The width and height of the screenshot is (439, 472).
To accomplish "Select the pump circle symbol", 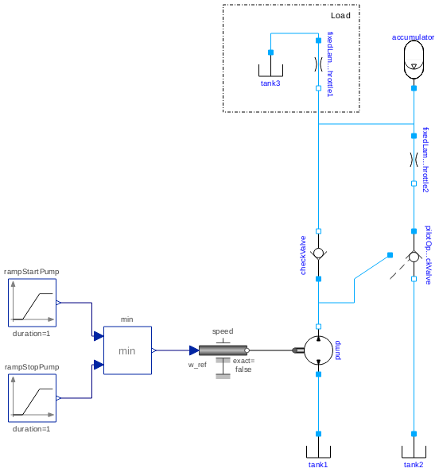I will pos(318,350).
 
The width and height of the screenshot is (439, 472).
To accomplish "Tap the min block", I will pos(127,350).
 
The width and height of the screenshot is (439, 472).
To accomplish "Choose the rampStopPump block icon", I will pos(32,397).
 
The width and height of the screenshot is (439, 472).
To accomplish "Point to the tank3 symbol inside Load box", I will pos(270,69).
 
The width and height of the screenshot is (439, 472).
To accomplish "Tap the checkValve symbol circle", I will pos(318,254).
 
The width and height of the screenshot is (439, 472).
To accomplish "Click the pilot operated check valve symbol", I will pos(414,257).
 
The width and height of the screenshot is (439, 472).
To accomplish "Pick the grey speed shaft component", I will pos(223,350).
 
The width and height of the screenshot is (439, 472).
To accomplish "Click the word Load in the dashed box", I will pos(340,16).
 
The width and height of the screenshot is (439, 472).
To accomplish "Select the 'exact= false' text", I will pos(243,365).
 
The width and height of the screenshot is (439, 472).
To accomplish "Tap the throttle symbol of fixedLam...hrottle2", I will pos(414,159).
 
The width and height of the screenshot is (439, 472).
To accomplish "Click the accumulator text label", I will pos(414,37).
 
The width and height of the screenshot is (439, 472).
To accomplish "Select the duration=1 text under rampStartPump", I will pos(32,333).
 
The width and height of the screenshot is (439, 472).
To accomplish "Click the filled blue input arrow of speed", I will pos(193,350).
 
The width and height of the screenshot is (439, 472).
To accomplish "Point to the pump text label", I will pos(337,350).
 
